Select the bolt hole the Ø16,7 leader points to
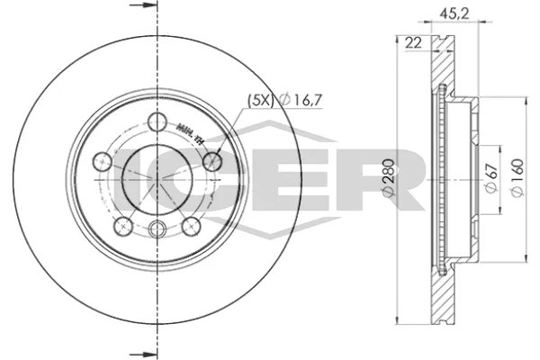coord(213,161)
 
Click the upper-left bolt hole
coord(102,162)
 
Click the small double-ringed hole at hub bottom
coord(158,229)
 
